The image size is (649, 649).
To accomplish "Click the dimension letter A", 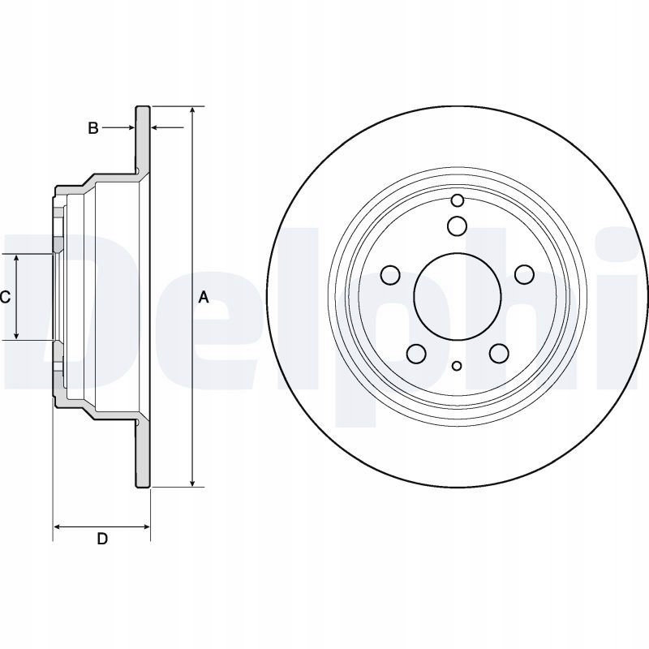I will coord(204,298).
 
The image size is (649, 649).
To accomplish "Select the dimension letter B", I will coord(93,128).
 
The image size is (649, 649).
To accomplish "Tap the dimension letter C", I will coord(5,298).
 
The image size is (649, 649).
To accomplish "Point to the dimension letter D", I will coord(102,539).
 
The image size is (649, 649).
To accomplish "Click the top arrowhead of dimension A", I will coord(192,111).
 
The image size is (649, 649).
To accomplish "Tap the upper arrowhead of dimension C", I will coord(17,258).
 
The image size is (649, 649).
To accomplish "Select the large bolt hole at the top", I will coord(457,226).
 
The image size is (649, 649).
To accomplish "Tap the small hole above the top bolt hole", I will coord(457,200).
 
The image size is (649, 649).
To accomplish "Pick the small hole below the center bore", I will coord(457,366).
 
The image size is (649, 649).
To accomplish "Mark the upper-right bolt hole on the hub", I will coord(523,276).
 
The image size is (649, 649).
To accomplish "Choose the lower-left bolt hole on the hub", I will coord(416,353).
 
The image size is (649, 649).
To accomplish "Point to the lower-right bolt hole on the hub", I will coord(498,353).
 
